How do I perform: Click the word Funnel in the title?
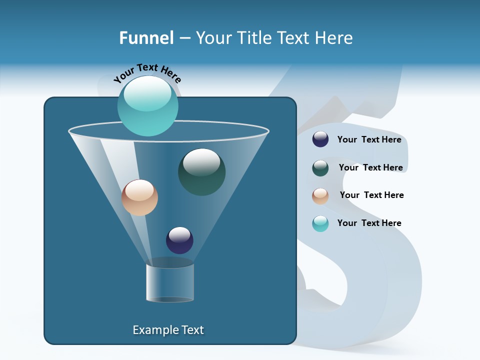pos(146,38)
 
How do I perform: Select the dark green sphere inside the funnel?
pos(201,172)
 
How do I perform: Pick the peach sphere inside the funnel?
pos(139,197)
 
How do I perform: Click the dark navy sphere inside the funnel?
pos(179,240)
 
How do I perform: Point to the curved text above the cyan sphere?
pos(147,73)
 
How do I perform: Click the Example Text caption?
pos(168,330)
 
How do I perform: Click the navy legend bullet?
pos(320,139)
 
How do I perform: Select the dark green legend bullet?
pos(320,168)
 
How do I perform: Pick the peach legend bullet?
pos(320,196)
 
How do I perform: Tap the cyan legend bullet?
pos(320,223)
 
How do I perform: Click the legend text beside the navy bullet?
pos(369,139)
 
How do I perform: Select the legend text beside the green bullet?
pos(370,167)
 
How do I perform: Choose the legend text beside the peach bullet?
pos(371,195)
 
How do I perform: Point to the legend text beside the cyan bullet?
pos(369,223)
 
